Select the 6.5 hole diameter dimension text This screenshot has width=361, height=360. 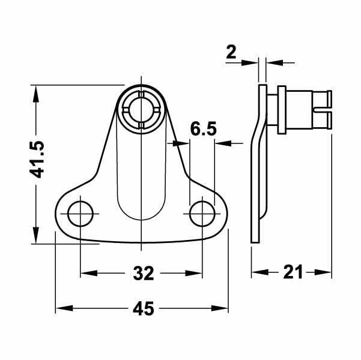(203, 129)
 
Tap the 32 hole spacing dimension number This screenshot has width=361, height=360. (142, 274)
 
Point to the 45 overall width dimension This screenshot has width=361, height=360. (142, 309)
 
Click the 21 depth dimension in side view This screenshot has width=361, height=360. (292, 272)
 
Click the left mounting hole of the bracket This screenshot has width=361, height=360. (80, 213)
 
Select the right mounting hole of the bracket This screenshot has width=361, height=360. (202, 213)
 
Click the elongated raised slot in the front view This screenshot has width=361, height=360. (141, 174)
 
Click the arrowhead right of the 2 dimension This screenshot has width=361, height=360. (273, 61)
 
